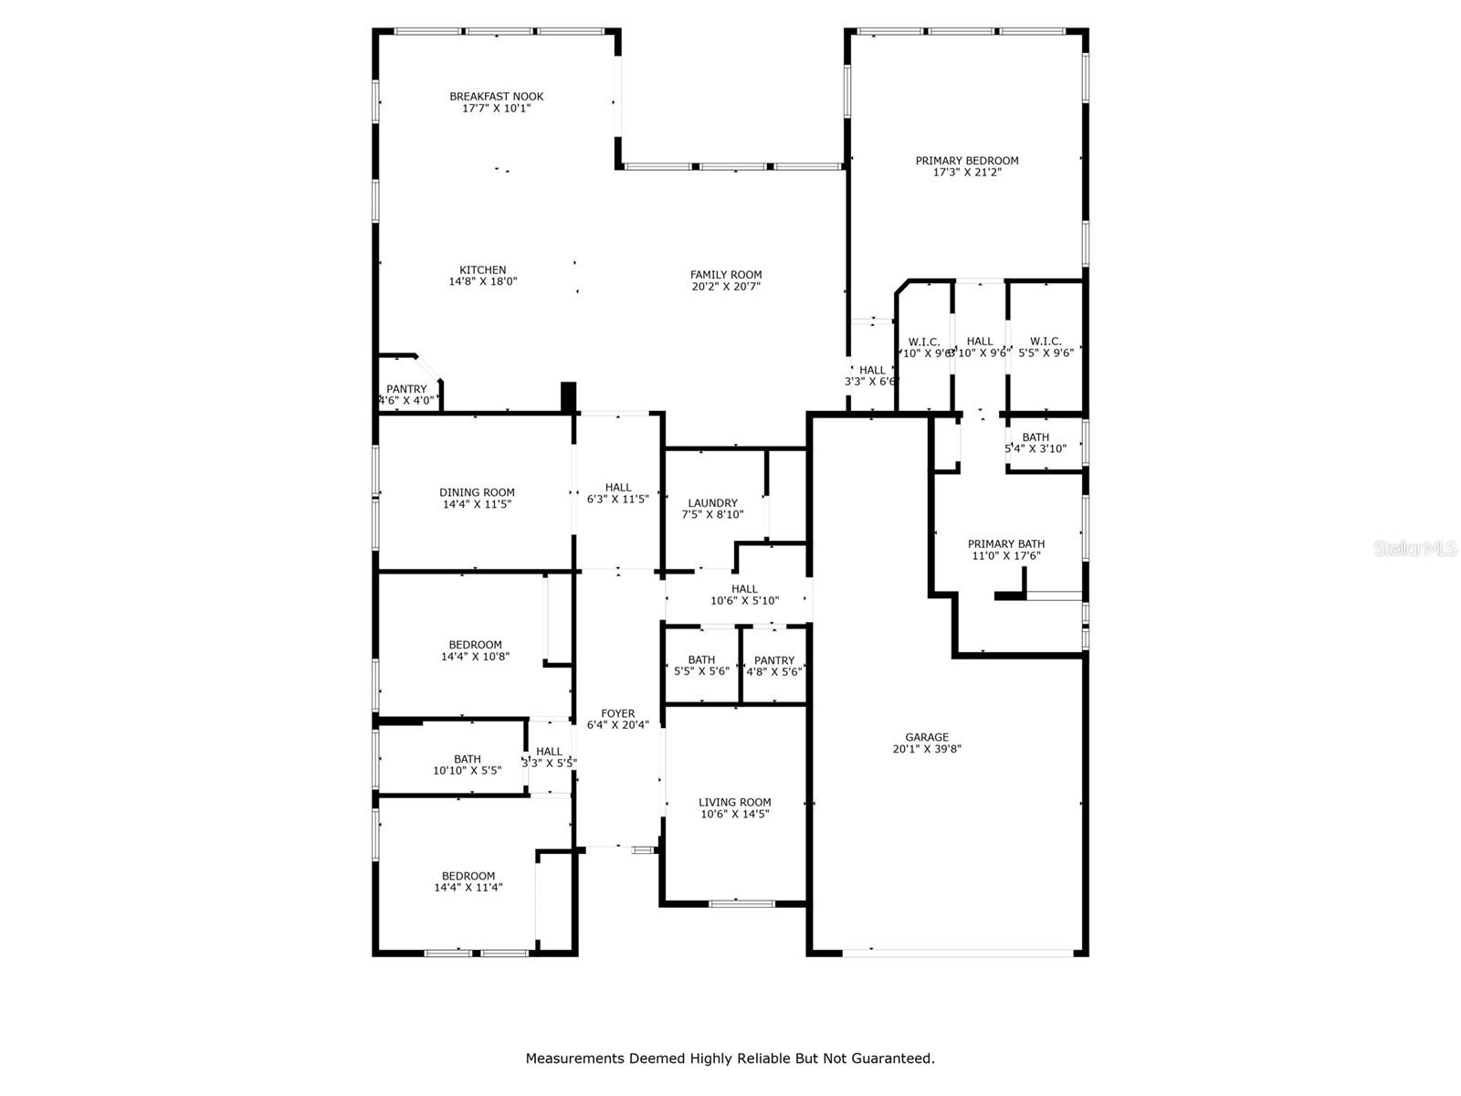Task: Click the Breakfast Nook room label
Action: pyautogui.click(x=496, y=97)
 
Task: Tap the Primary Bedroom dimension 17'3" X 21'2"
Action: pyautogui.click(x=967, y=172)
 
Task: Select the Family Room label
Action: pyautogui.click(x=726, y=275)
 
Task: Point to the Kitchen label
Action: pyautogui.click(x=482, y=270)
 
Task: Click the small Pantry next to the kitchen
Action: pyautogui.click(x=406, y=389)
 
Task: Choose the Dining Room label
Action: pyautogui.click(x=477, y=493)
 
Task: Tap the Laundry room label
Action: pyautogui.click(x=712, y=503)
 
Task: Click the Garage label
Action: pyautogui.click(x=927, y=738)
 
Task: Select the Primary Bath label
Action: pyautogui.click(x=1006, y=544)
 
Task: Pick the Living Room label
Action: pyautogui.click(x=734, y=803)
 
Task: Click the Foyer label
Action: pyautogui.click(x=618, y=714)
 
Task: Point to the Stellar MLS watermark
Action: pyautogui.click(x=1415, y=549)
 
